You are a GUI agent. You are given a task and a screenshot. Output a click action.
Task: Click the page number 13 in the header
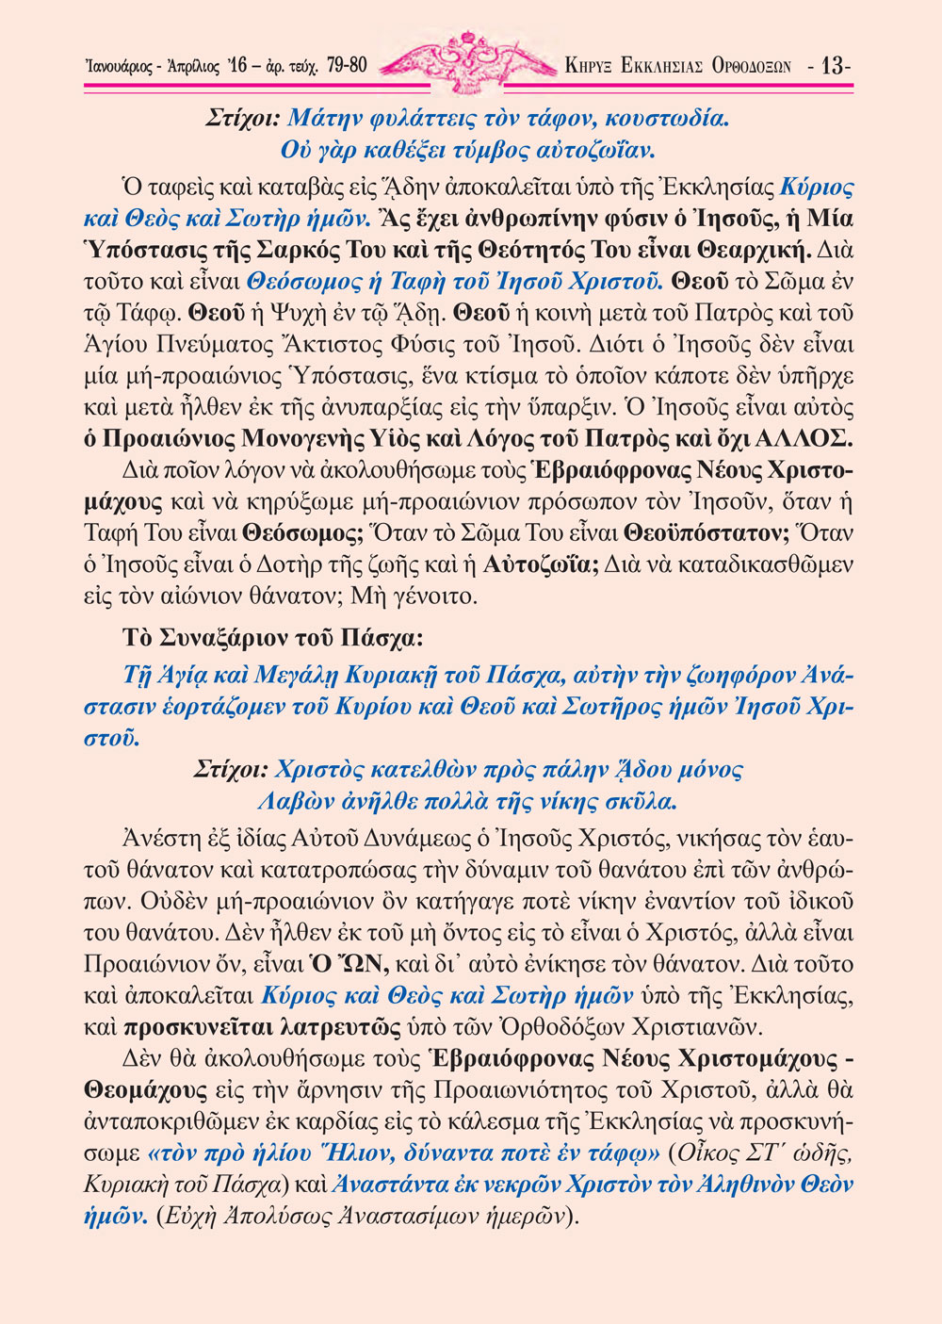coord(834,66)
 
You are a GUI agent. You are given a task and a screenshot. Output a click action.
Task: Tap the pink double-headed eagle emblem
coord(467,62)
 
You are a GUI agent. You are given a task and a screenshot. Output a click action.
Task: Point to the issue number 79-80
coord(347,66)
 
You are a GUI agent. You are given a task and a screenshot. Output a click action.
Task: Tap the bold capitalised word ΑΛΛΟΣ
coord(808,439)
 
